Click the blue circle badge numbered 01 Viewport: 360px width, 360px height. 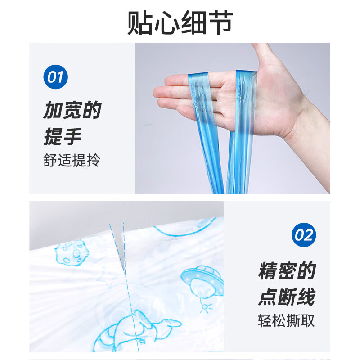tap(55, 76)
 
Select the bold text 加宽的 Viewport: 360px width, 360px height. tap(72, 110)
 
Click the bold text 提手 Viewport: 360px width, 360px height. tap(63, 136)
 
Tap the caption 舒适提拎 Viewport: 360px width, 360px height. tap(72, 161)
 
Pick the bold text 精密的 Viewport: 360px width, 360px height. tap(287, 271)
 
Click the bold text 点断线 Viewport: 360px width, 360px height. tap(287, 297)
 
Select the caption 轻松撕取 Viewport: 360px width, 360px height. tap(287, 321)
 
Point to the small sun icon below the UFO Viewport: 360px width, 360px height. tap(206, 307)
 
